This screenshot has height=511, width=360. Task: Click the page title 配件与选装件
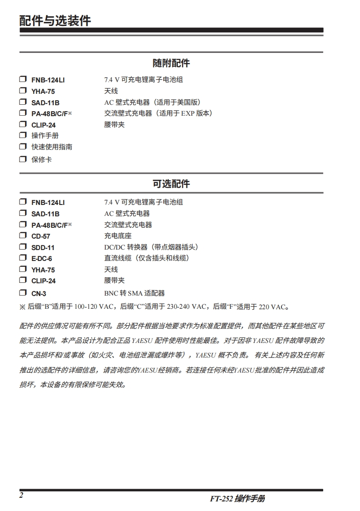pyautogui.click(x=55, y=20)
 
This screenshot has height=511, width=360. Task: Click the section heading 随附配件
pyautogui.click(x=171, y=63)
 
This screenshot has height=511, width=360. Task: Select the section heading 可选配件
pyautogui.click(x=171, y=184)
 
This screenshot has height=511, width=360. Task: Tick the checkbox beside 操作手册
pyautogui.click(x=23, y=135)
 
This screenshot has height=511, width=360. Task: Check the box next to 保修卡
pyautogui.click(x=23, y=159)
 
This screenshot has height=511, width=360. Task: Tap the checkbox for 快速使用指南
pyautogui.click(x=23, y=147)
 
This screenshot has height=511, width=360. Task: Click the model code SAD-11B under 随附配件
pyautogui.click(x=46, y=102)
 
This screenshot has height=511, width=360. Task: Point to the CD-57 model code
pyautogui.click(x=41, y=236)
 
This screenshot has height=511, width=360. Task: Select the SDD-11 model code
pyautogui.click(x=43, y=247)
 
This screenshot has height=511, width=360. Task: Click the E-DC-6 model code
pyautogui.click(x=42, y=259)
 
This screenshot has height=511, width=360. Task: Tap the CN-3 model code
pyautogui.click(x=39, y=294)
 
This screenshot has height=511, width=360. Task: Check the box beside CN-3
pyautogui.click(x=23, y=293)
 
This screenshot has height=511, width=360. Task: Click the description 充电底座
pyautogui.click(x=118, y=236)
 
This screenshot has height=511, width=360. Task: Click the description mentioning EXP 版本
pyautogui.click(x=158, y=113)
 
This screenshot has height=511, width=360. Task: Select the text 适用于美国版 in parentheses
pyautogui.click(x=177, y=102)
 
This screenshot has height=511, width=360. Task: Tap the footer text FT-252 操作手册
pyautogui.click(x=237, y=499)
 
